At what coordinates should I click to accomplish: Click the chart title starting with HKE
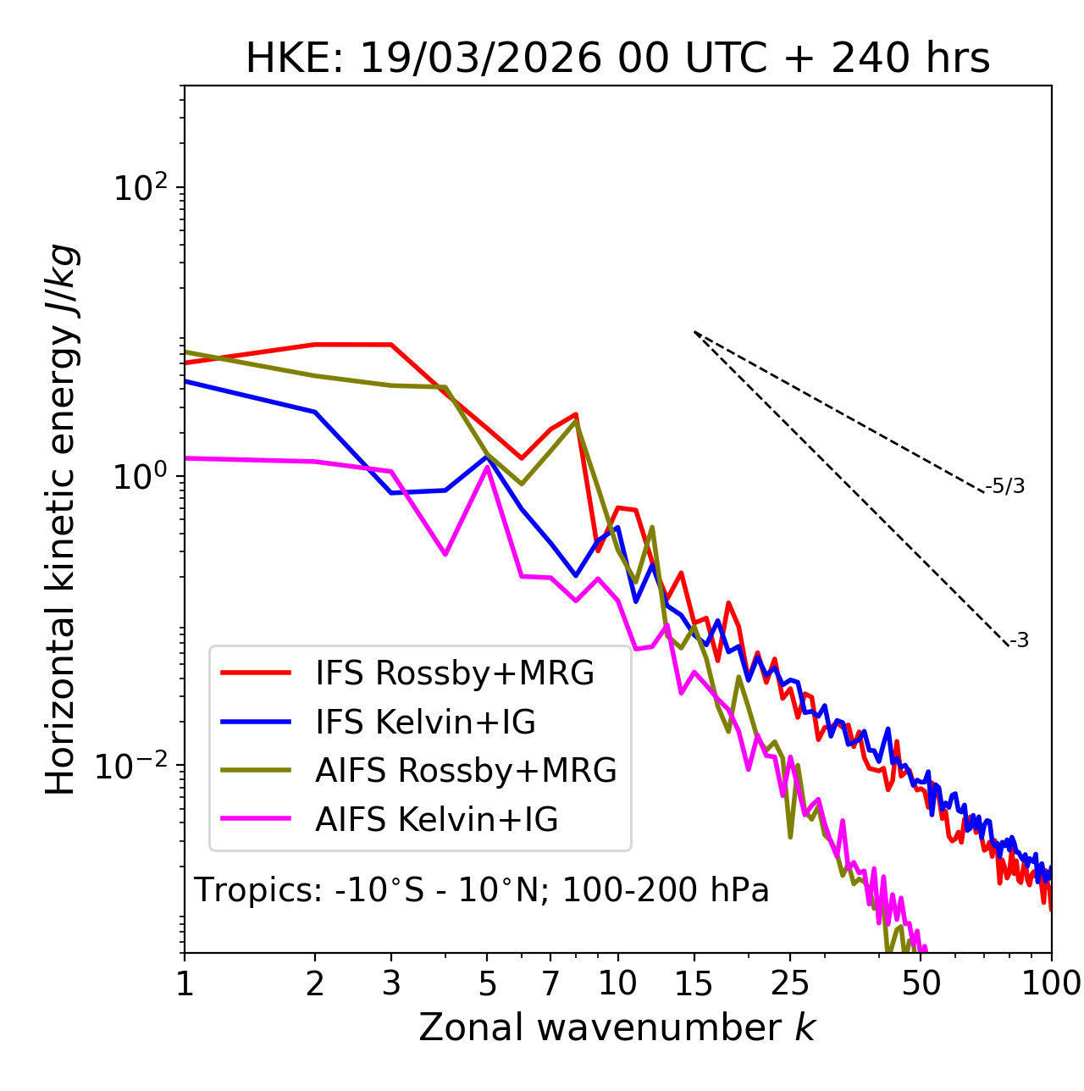pyautogui.click(x=617, y=59)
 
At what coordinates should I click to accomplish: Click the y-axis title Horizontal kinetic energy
pyautogui.click(x=62, y=519)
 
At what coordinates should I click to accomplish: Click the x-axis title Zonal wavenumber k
pyautogui.click(x=617, y=1027)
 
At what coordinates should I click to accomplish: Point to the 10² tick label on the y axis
pyautogui.click(x=138, y=187)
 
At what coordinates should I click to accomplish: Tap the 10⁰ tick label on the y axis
pyautogui.click(x=138, y=477)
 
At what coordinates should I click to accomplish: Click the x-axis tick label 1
pyautogui.click(x=185, y=983)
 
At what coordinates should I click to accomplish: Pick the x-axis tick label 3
pyautogui.click(x=391, y=983)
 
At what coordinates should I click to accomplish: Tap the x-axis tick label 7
pyautogui.click(x=550, y=983)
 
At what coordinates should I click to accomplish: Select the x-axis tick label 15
pyautogui.click(x=694, y=983)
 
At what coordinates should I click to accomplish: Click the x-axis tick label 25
pyautogui.click(x=790, y=983)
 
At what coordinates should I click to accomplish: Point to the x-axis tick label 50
pyautogui.click(x=921, y=983)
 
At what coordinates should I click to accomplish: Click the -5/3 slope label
pyautogui.click(x=1004, y=486)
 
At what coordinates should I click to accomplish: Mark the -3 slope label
pyautogui.click(x=1019, y=641)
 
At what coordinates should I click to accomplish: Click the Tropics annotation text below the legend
pyautogui.click(x=482, y=891)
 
